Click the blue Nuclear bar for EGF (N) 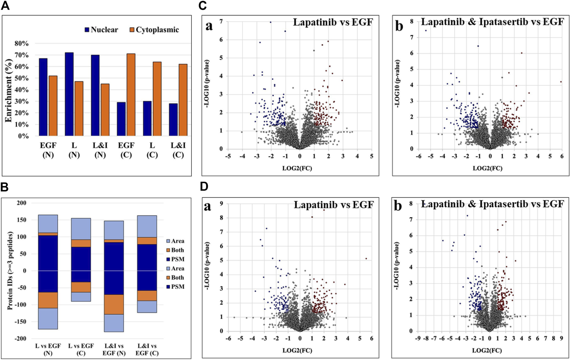[43, 97]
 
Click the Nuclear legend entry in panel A [101, 30]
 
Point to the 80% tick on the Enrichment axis [22, 44]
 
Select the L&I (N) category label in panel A [100, 150]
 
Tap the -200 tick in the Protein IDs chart [21, 338]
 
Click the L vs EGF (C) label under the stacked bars [81, 349]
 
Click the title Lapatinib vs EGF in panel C [333, 22]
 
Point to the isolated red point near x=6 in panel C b [561, 82]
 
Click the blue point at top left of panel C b [426, 31]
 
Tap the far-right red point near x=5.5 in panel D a [366, 258]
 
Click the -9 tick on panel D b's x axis [418, 339]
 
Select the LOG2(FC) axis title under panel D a [297, 350]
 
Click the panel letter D [204, 186]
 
